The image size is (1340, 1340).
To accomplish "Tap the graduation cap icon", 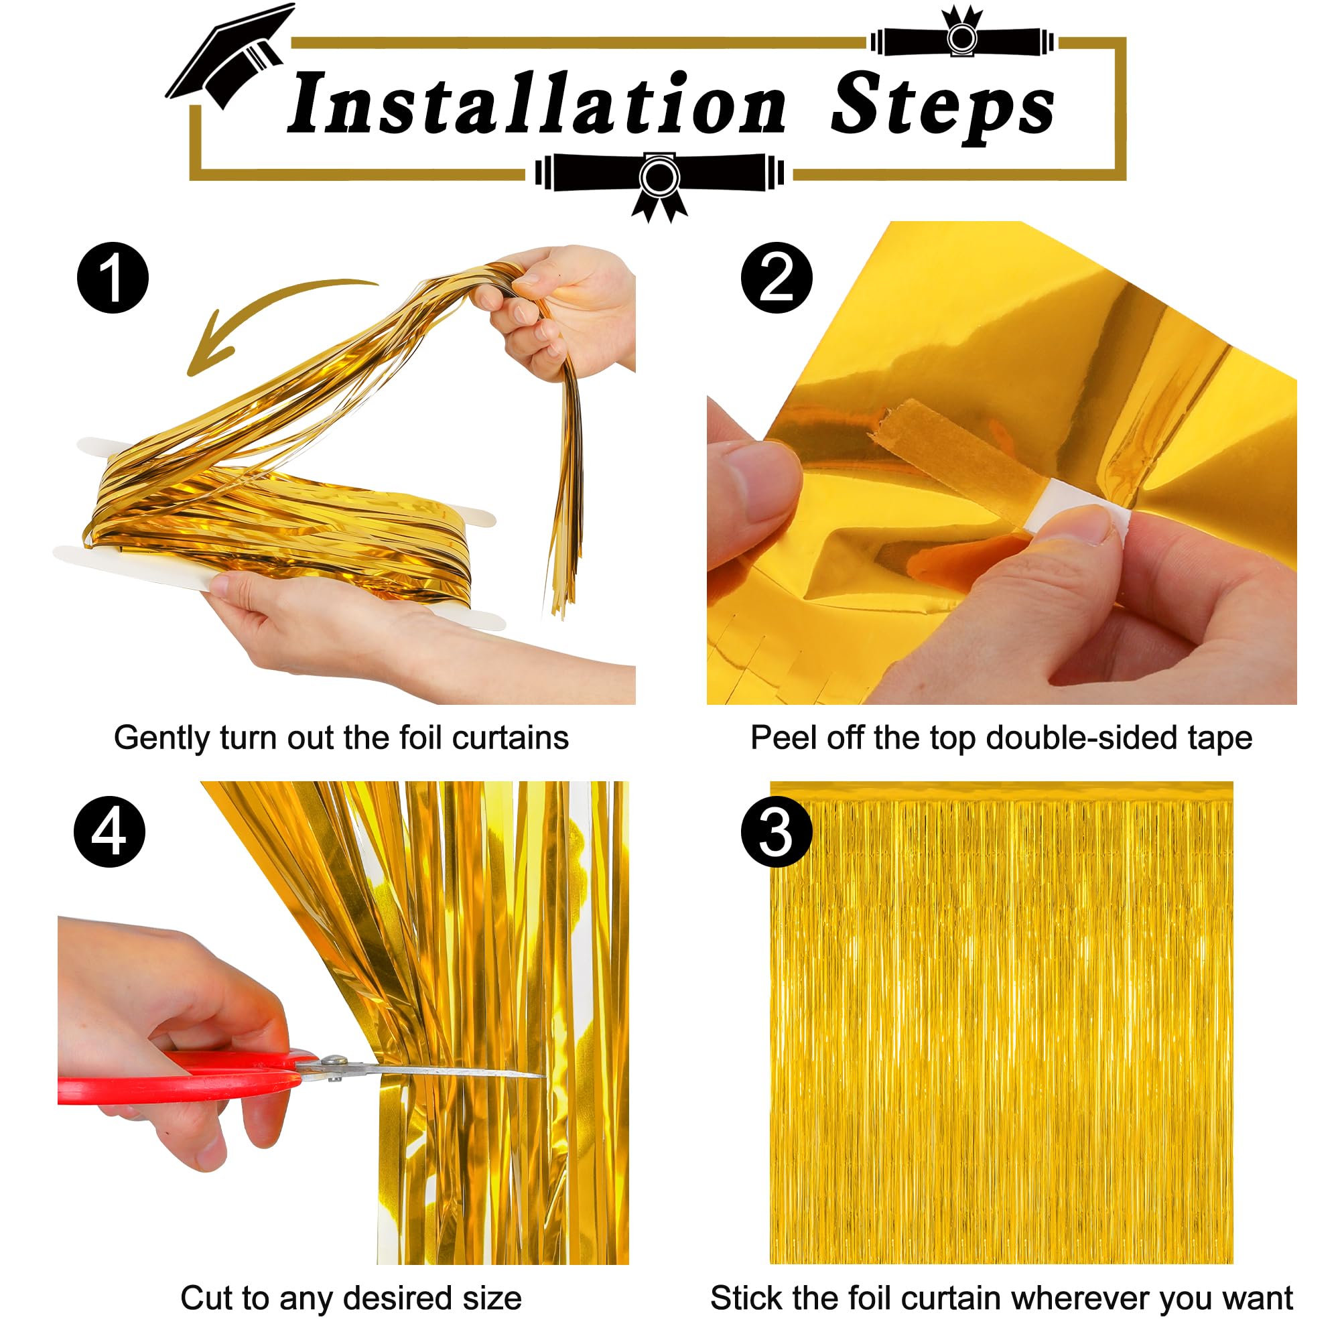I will click(229, 56).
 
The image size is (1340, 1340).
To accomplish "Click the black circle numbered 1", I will click(113, 277).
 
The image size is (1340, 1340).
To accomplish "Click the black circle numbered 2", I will click(776, 277).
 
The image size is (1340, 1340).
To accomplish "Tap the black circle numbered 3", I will click(776, 832).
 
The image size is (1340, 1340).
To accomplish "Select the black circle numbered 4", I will click(110, 831).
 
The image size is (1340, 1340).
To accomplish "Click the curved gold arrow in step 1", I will click(263, 312).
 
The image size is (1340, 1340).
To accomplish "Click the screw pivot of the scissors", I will click(335, 1061).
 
